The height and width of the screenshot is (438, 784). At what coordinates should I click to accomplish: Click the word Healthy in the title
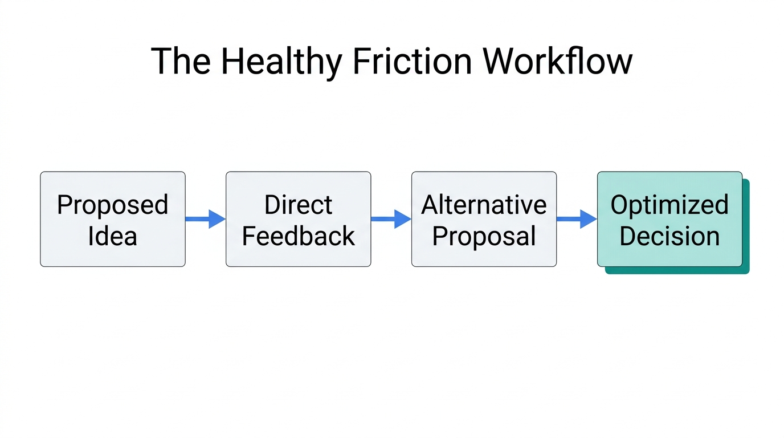(x=281, y=61)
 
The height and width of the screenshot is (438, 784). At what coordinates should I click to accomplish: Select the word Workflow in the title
(x=557, y=61)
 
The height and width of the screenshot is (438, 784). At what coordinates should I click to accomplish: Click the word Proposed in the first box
(x=112, y=205)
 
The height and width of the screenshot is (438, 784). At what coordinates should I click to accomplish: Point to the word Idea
(x=112, y=236)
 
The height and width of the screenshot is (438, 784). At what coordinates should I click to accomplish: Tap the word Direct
(x=298, y=205)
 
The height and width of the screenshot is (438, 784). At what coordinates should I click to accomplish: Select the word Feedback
(x=298, y=236)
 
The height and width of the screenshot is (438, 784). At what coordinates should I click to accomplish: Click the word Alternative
(x=484, y=205)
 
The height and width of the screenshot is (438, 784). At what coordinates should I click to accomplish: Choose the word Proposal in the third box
(x=484, y=236)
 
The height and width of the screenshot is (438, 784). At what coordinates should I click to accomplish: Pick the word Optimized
(x=669, y=205)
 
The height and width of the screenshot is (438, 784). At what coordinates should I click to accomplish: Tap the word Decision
(x=669, y=236)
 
